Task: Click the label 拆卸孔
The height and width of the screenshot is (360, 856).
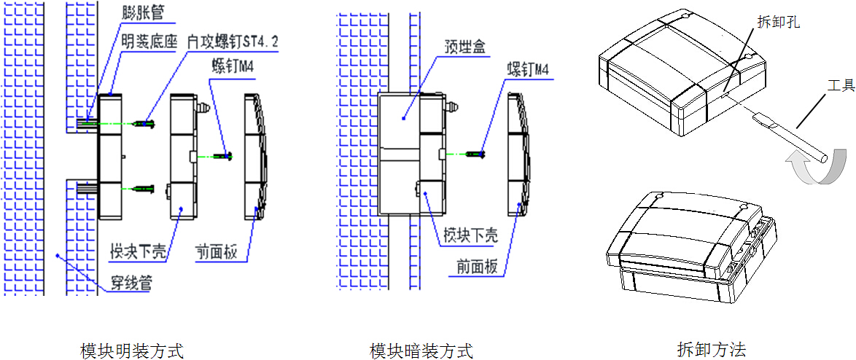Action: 779,22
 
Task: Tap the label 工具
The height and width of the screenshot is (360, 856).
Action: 841,85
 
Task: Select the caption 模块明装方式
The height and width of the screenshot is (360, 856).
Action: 131,351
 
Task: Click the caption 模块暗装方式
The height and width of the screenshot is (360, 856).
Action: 421,351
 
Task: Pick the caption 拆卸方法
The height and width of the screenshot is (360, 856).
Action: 711,349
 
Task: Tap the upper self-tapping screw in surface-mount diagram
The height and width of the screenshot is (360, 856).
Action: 145,124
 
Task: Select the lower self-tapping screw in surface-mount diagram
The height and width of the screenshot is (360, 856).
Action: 145,189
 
